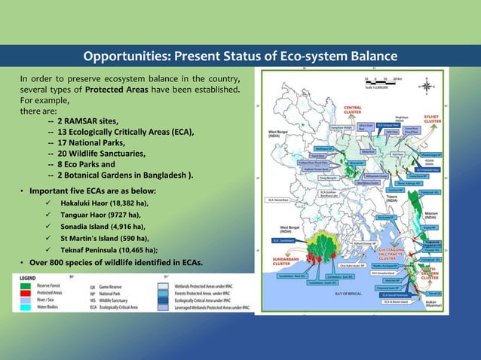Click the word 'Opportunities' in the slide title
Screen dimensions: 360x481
[x=130, y=57]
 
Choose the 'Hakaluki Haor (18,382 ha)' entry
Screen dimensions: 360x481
[x=104, y=203]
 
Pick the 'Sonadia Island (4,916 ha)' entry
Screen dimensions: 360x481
[x=103, y=226]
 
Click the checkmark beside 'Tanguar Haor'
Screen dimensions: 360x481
[x=47, y=215]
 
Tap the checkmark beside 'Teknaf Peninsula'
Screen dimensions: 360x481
[x=47, y=249]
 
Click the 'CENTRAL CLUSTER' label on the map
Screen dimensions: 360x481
[x=354, y=110]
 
